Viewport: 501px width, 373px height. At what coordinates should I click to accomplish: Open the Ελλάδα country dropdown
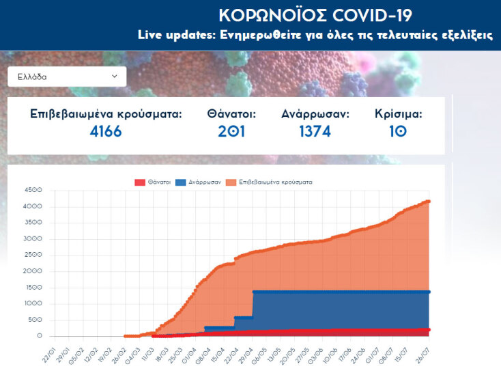[x=67, y=77]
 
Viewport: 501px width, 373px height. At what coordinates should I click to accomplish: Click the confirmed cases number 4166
[x=106, y=131]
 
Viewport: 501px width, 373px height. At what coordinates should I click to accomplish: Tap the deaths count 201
[x=231, y=131]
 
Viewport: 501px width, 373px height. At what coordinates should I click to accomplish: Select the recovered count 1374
[x=315, y=131]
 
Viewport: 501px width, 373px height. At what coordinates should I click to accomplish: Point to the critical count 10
[x=398, y=131]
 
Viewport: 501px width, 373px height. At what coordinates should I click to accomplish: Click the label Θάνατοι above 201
[x=231, y=114]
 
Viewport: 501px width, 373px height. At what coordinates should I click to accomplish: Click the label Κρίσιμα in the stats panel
[x=398, y=114]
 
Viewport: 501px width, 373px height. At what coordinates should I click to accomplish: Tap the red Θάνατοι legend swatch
[x=140, y=182]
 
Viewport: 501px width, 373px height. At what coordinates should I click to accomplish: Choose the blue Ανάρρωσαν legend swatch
[x=181, y=182]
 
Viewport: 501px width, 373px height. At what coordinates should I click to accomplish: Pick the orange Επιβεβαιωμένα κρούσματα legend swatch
[x=231, y=182]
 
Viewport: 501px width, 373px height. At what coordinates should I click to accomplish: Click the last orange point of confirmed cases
[x=429, y=201]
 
